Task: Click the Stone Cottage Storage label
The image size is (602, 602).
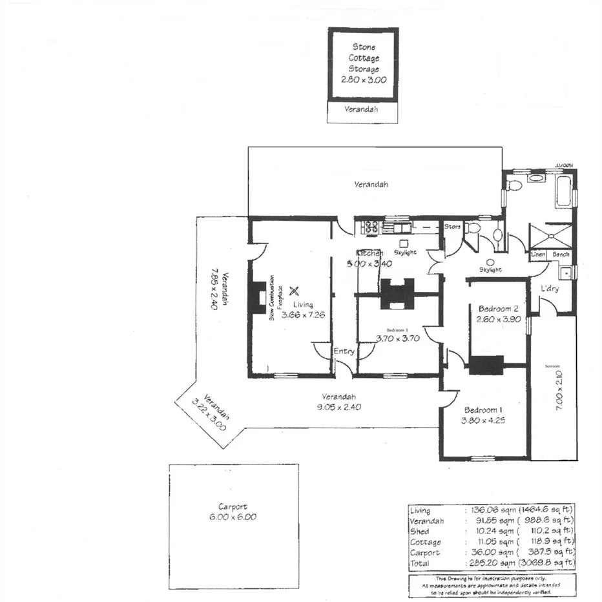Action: click(x=363, y=58)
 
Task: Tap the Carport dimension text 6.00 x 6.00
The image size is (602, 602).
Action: click(x=233, y=517)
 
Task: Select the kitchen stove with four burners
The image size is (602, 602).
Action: click(x=371, y=227)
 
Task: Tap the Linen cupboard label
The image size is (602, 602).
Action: click(x=538, y=255)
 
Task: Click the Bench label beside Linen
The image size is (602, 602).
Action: click(x=561, y=255)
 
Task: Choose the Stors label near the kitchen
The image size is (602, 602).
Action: click(x=452, y=227)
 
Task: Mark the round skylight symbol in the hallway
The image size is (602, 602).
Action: click(x=490, y=262)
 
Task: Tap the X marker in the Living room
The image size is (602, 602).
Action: click(x=295, y=291)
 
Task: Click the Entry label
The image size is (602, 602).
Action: click(x=344, y=351)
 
